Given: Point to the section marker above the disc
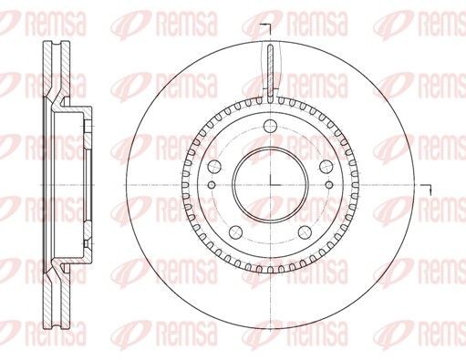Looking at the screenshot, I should [x=267, y=25].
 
